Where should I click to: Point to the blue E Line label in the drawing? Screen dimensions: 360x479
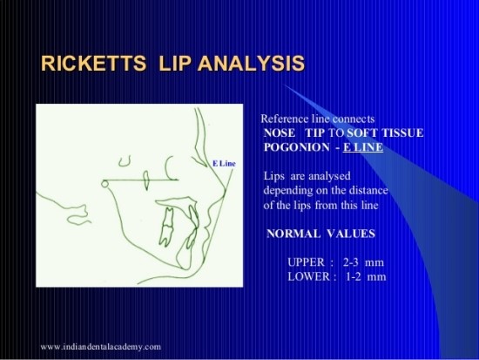223,163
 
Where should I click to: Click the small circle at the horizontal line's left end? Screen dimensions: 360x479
104,183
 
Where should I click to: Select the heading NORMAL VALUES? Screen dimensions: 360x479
320,234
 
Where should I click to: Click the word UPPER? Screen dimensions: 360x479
304,262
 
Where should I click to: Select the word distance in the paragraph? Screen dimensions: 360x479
366,190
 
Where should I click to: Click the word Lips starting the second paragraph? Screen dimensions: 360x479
274,175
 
